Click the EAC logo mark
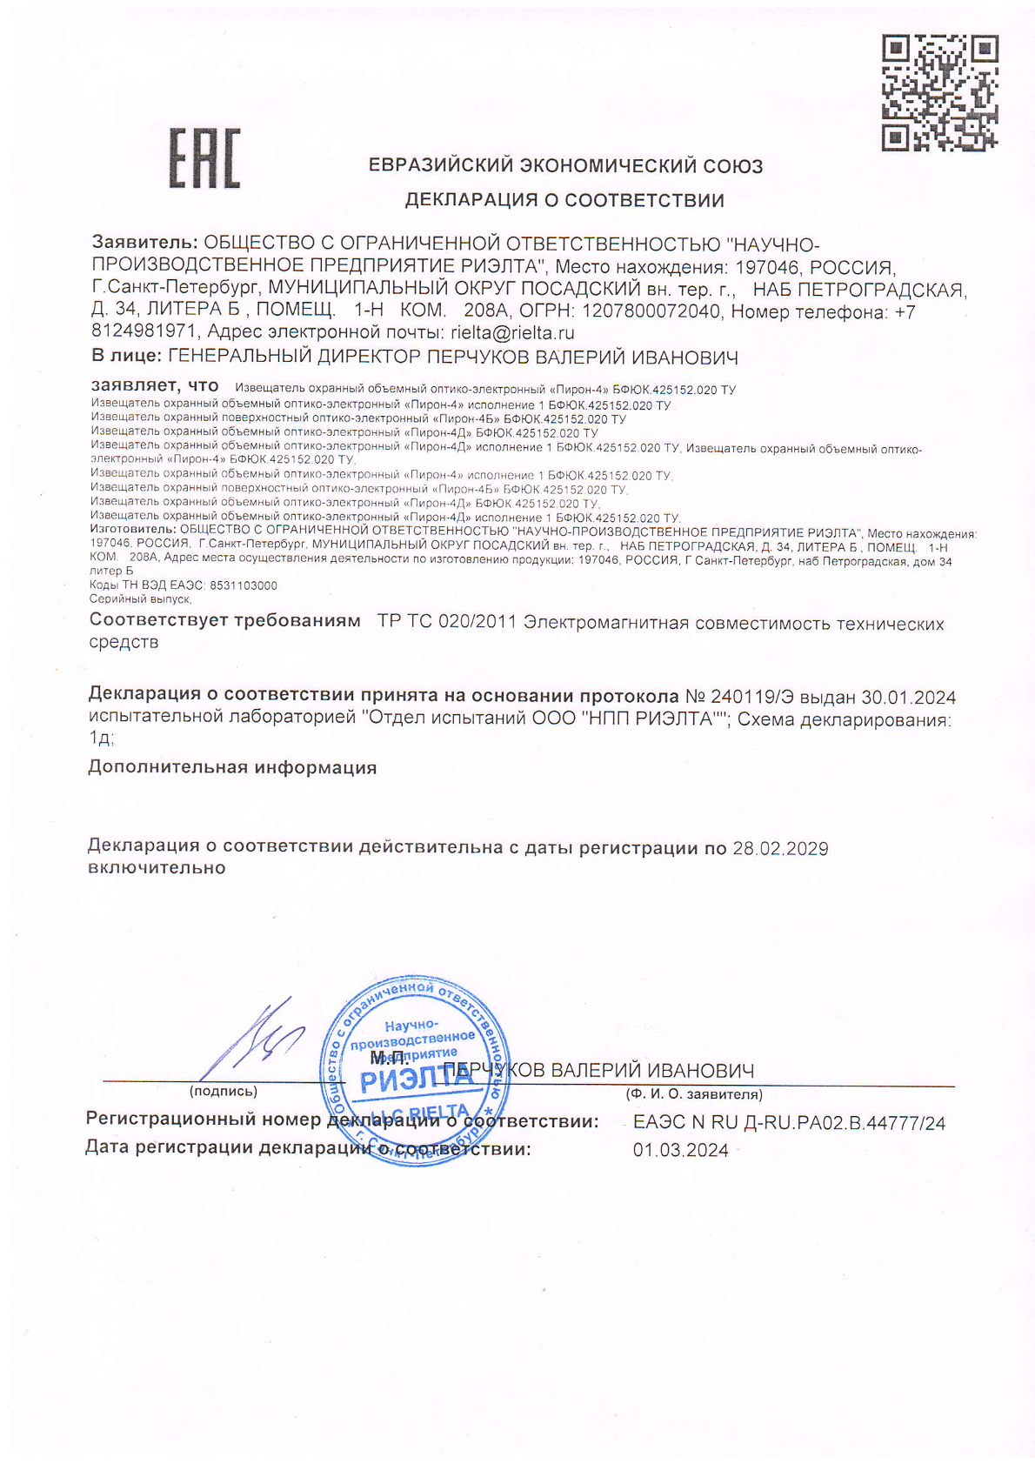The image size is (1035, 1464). (x=204, y=159)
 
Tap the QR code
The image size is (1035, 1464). (x=939, y=93)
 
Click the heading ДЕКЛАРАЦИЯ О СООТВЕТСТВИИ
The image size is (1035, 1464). (x=564, y=201)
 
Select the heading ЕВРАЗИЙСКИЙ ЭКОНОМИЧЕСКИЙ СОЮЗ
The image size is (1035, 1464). (x=565, y=165)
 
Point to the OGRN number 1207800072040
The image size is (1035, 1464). (x=651, y=311)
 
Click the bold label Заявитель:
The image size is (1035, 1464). (x=145, y=243)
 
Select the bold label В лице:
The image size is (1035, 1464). (x=126, y=357)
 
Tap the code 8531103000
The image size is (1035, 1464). (x=244, y=585)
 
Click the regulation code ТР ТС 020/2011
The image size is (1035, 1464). (x=447, y=623)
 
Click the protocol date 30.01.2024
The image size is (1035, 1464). (x=909, y=698)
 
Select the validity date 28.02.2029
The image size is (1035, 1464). (x=780, y=848)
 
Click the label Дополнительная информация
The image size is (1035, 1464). (x=232, y=768)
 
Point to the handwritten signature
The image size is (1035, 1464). (x=257, y=1040)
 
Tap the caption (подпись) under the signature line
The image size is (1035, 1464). (x=224, y=1092)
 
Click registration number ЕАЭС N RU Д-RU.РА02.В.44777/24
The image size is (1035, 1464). (x=789, y=1123)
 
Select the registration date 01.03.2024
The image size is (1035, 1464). (x=681, y=1150)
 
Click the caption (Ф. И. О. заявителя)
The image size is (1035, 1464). (x=694, y=1094)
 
